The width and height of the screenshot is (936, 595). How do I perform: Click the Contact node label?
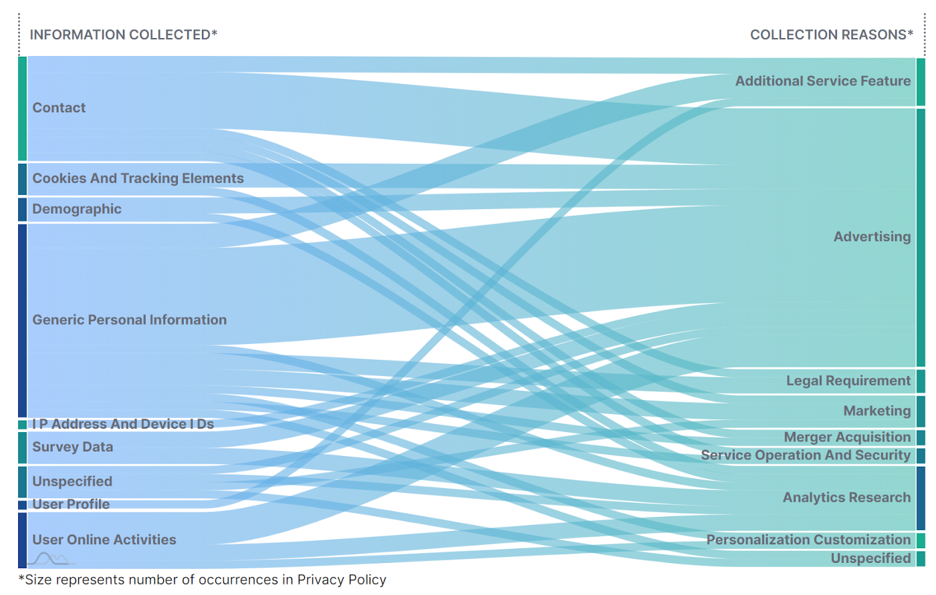[59, 108]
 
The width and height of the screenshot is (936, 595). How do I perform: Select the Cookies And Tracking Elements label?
[138, 178]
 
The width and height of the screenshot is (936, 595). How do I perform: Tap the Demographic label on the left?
[77, 209]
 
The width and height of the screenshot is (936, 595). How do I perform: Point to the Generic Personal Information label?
[130, 320]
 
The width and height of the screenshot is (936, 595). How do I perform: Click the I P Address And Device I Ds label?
[123, 424]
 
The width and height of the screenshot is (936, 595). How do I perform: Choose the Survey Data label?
[72, 447]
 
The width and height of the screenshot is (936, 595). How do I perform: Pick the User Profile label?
[71, 504]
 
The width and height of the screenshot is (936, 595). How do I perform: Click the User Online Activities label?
[104, 540]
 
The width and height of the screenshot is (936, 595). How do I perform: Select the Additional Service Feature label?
[823, 81]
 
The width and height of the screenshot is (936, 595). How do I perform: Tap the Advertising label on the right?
[872, 236]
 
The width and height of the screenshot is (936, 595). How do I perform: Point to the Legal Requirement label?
[848, 381]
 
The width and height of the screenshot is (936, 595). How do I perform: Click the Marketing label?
[876, 411]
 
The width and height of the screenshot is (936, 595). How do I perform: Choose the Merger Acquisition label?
[847, 437]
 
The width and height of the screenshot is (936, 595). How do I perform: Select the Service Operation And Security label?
[806, 455]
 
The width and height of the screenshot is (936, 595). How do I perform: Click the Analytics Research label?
[846, 498]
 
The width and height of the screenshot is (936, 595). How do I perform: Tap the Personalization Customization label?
[808, 540]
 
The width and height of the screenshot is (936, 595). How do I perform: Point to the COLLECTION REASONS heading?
[831, 35]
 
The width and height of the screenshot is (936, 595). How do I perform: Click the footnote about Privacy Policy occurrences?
[202, 580]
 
